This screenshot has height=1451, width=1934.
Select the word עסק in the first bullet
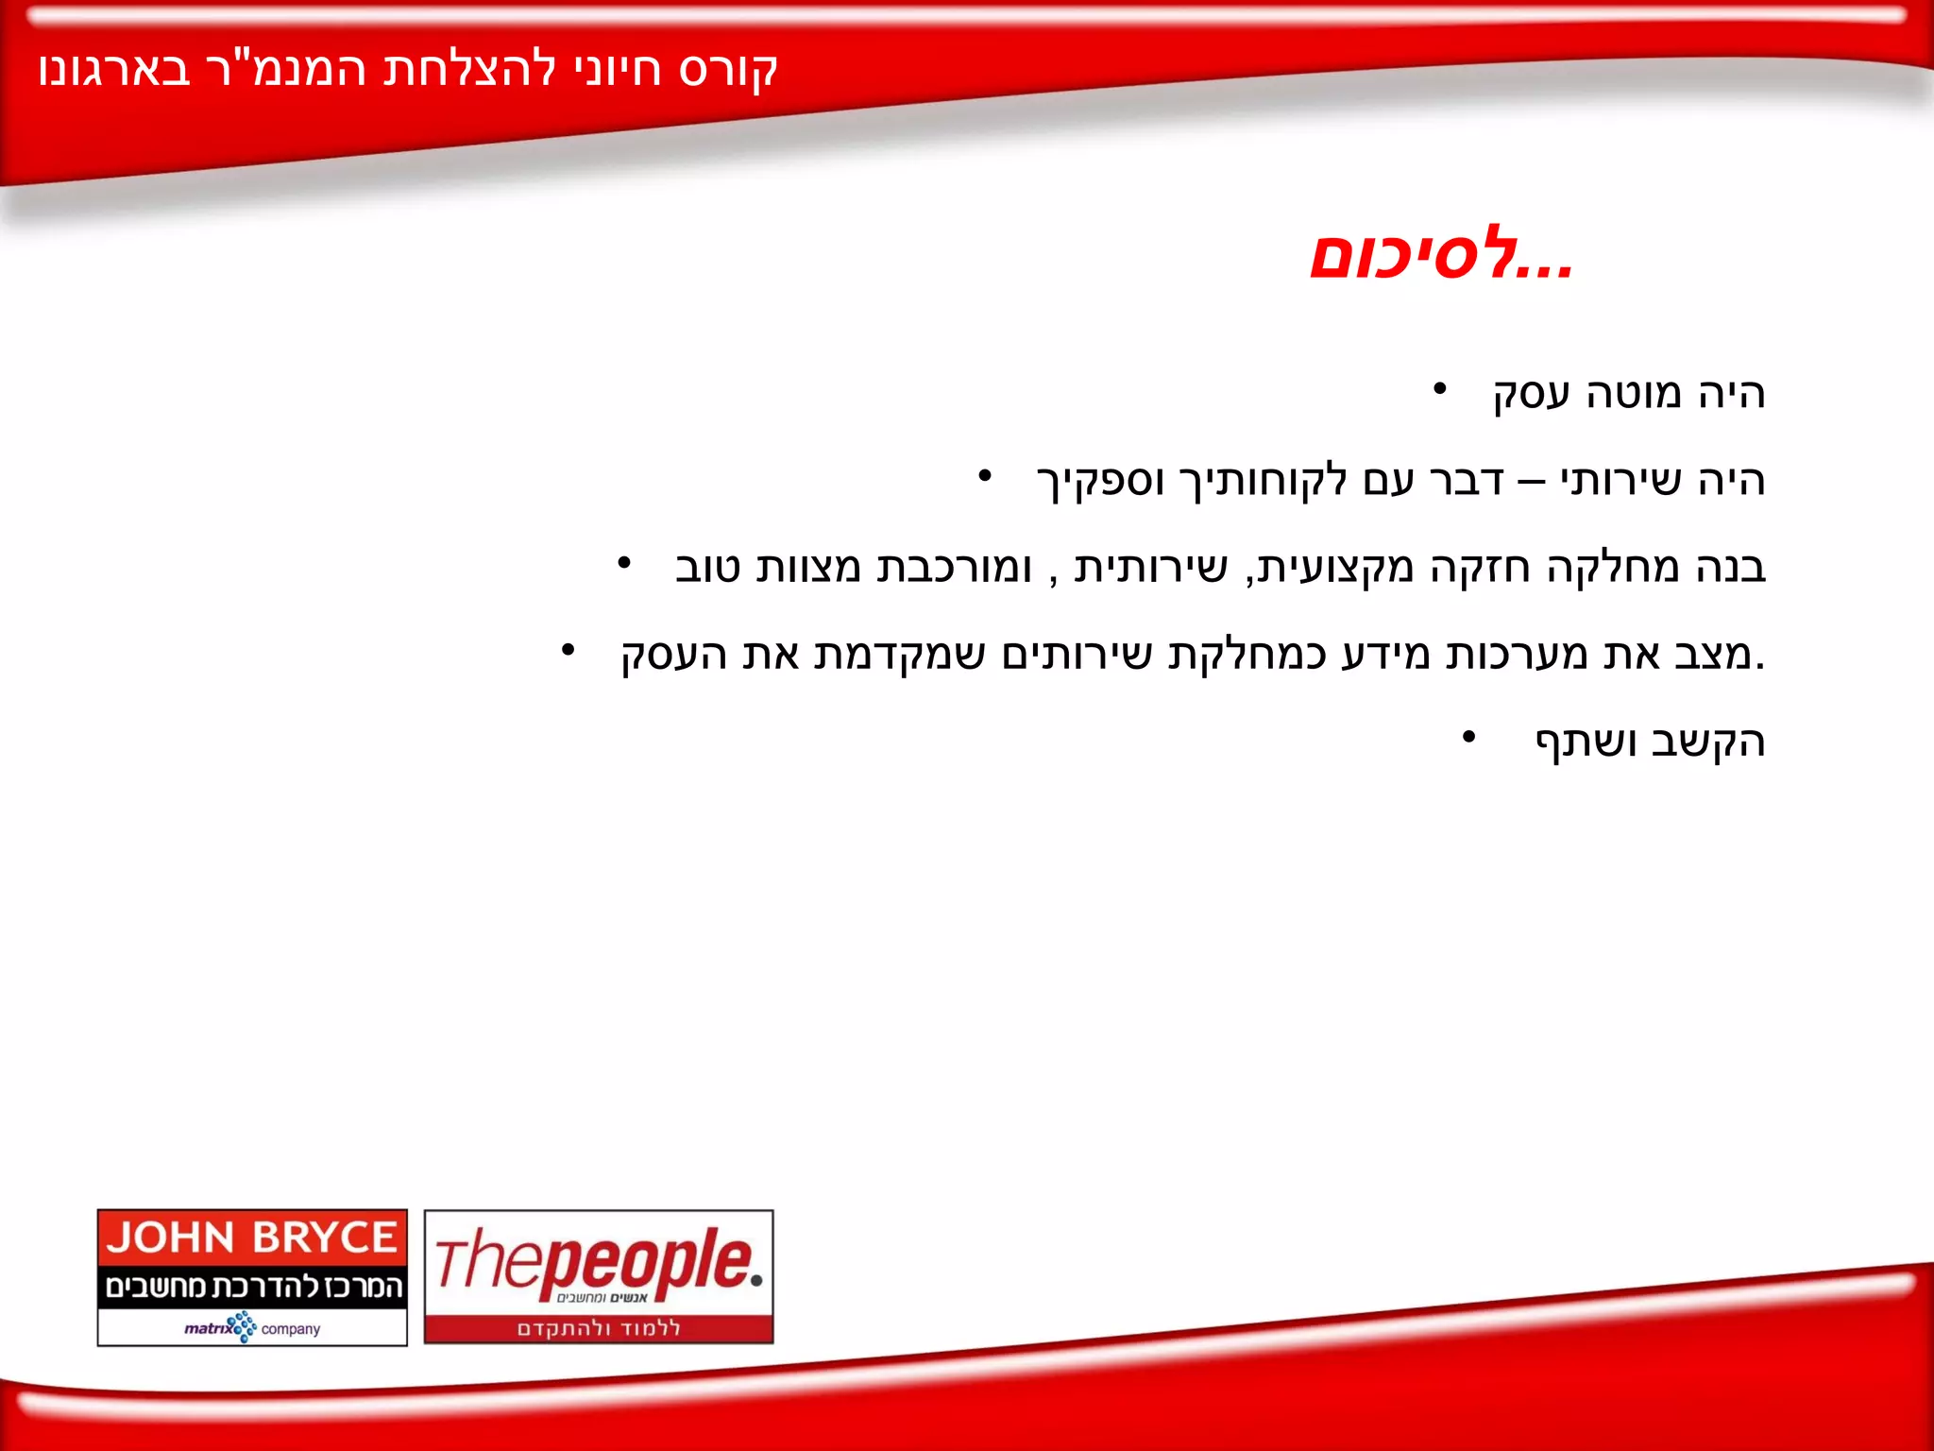coord(1530,394)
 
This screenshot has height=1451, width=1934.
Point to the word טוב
coord(707,568)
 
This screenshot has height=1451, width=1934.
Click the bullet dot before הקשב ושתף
coord(1467,736)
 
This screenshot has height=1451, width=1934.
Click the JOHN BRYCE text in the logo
coord(251,1238)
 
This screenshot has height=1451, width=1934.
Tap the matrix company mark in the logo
coord(252,1327)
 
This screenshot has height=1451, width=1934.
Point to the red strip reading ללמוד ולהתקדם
coord(599,1328)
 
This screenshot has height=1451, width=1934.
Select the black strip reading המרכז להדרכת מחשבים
coord(252,1287)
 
